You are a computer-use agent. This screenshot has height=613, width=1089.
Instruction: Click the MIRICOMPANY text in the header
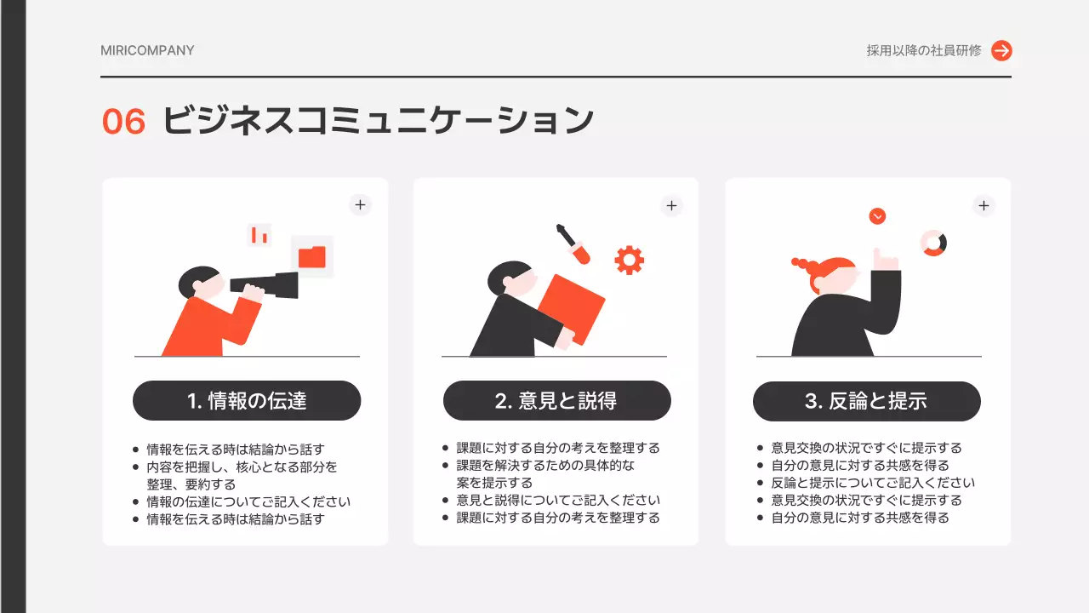[147, 50]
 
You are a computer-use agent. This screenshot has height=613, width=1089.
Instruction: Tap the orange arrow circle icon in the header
[1001, 50]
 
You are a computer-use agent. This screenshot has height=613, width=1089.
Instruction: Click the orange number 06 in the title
[124, 122]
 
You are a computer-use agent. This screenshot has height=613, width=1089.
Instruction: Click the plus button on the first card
[360, 205]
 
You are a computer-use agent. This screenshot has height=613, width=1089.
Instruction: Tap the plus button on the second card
[671, 205]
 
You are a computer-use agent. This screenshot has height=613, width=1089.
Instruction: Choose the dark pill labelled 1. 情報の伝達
[247, 400]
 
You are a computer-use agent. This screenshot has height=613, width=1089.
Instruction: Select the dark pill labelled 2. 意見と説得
[557, 400]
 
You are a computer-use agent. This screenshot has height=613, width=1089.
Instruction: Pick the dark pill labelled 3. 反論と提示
[866, 401]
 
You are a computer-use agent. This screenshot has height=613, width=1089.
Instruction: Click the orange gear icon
[629, 260]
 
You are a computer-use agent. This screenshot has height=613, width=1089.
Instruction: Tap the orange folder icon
[312, 256]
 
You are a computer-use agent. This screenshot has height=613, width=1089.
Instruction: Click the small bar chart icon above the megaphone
[259, 235]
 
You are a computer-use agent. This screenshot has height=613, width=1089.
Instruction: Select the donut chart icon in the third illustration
[933, 243]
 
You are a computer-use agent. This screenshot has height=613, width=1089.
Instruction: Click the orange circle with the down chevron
[877, 216]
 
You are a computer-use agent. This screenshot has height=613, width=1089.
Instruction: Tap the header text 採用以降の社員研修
[924, 50]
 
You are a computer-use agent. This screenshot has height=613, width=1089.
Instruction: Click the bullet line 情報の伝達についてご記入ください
[248, 501]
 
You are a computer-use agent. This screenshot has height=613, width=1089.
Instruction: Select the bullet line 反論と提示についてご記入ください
[873, 483]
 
